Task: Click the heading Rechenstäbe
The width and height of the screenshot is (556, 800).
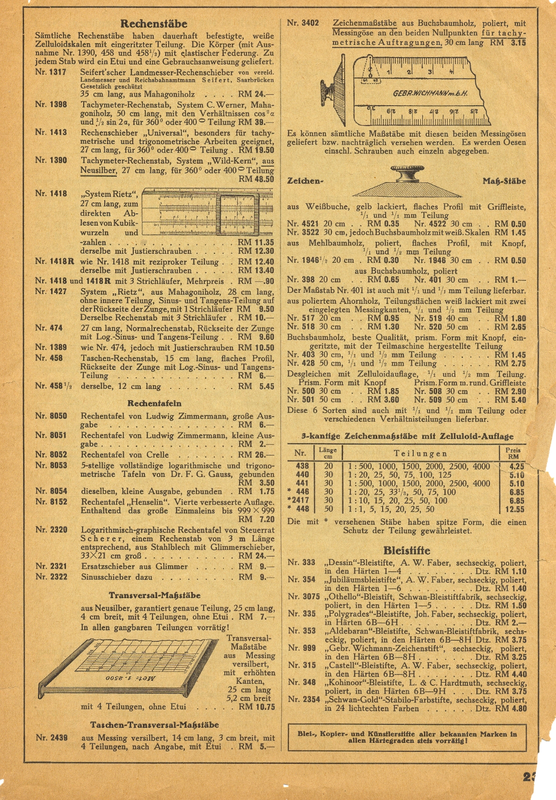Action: [x=154, y=24]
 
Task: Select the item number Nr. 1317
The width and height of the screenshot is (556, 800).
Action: [x=51, y=72]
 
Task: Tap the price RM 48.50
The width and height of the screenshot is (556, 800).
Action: [x=256, y=179]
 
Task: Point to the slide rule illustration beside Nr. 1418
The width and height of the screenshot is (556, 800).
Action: [x=207, y=212]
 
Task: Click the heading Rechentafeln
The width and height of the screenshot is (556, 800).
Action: [x=154, y=404]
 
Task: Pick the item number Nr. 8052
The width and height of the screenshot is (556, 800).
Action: [x=51, y=455]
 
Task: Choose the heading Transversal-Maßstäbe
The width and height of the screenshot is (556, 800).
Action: [x=154, y=596]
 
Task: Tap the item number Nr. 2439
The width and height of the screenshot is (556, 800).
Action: [x=51, y=738]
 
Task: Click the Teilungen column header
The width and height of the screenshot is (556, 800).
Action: [x=420, y=454]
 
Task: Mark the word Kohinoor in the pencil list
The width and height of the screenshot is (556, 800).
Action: [x=346, y=683]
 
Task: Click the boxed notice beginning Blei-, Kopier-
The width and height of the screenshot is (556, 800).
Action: [x=407, y=737]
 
